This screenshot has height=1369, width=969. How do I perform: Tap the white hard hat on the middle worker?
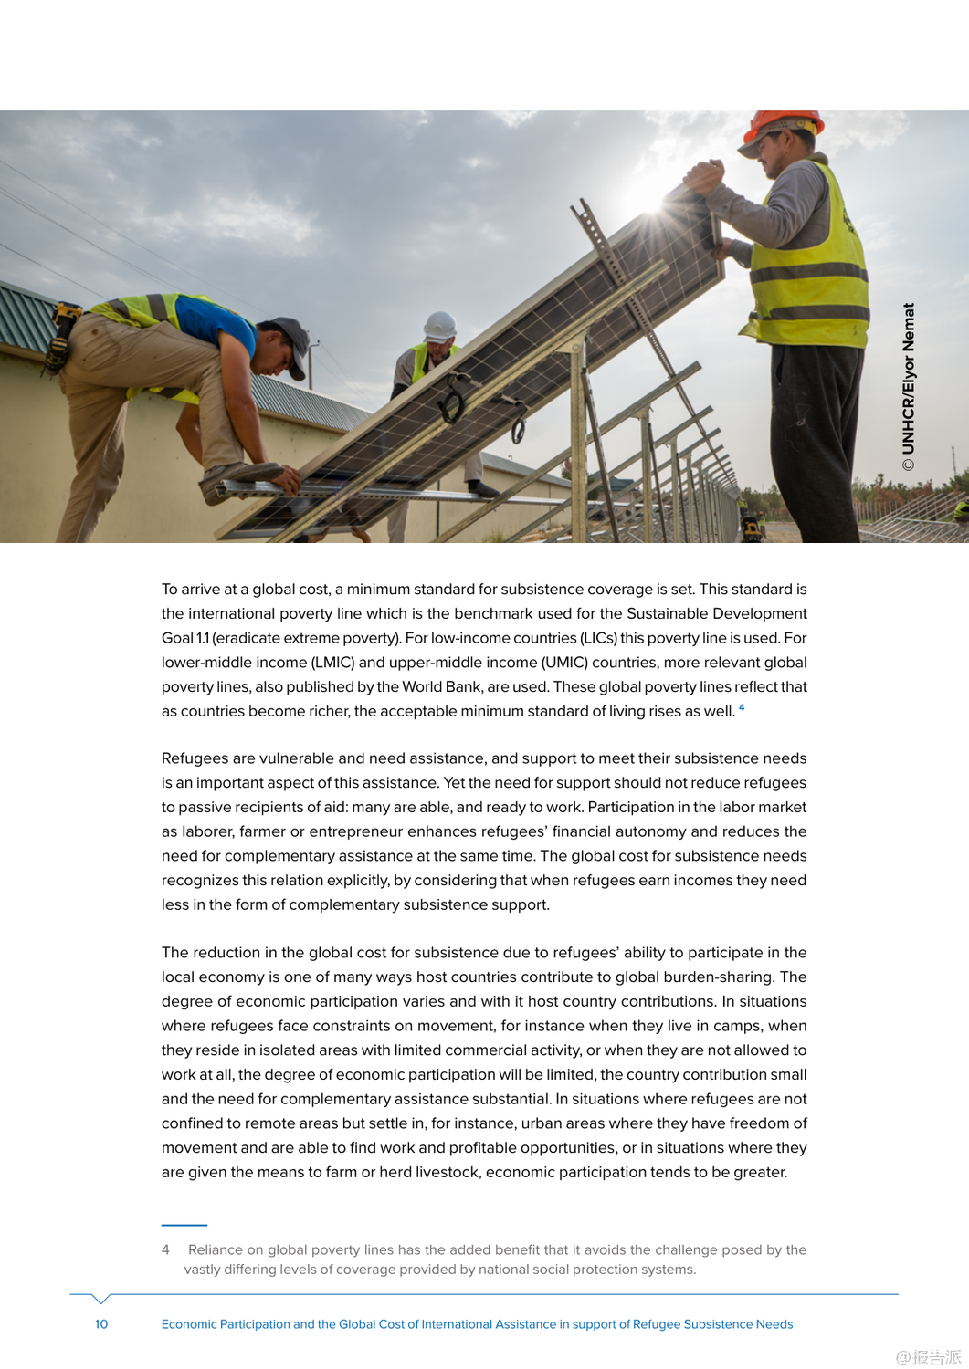pos(440,325)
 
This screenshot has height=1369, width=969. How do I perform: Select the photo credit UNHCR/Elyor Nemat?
pos(908,387)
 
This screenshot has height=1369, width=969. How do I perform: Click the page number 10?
pos(101,1324)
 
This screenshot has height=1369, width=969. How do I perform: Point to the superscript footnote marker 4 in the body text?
pos(742,707)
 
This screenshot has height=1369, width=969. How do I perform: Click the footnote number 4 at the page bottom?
pos(165,1249)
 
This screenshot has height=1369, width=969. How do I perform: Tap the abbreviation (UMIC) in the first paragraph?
pos(564,663)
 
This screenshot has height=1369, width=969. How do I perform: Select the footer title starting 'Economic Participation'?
pos(477,1324)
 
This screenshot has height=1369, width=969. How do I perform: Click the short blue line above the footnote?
pos(184,1225)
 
